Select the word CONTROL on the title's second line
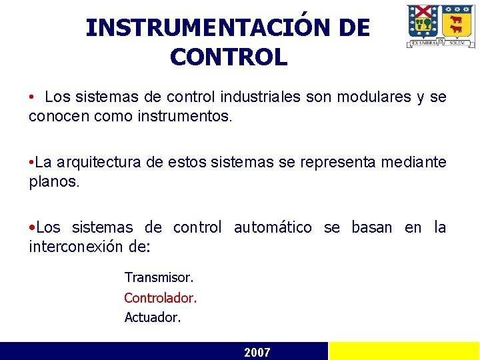coord(228,57)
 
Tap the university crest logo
coord(441,25)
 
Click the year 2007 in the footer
coord(257,352)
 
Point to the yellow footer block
coord(404,351)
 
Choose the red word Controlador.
coord(161,297)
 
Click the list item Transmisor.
coord(159,277)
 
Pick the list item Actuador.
coord(153,317)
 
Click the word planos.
coord(53,182)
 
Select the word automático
coord(273,227)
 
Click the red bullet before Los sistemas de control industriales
coord(32,98)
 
